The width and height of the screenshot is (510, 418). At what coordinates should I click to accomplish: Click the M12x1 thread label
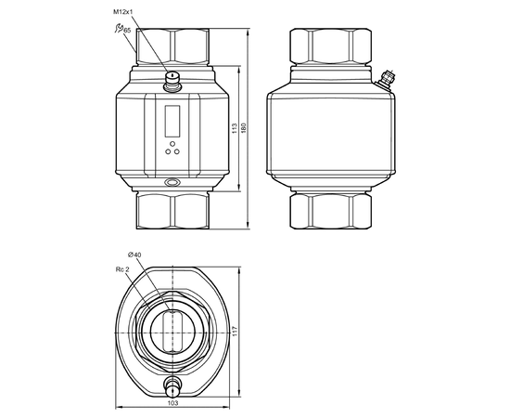(123, 12)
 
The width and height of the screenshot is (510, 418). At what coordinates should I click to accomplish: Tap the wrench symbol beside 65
(119, 28)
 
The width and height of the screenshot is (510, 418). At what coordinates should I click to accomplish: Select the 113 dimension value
(234, 128)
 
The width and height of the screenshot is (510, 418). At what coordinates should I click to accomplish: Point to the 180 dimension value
(244, 127)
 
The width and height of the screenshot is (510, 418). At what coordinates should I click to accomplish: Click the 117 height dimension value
(236, 332)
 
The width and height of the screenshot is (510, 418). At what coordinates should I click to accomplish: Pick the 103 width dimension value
(172, 403)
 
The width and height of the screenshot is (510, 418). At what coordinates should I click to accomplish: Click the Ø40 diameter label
(134, 255)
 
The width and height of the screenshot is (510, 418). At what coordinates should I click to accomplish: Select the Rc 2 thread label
(122, 269)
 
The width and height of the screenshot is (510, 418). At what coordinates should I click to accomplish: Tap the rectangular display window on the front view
(172, 121)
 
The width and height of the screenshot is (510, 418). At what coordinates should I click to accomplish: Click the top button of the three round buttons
(172, 144)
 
